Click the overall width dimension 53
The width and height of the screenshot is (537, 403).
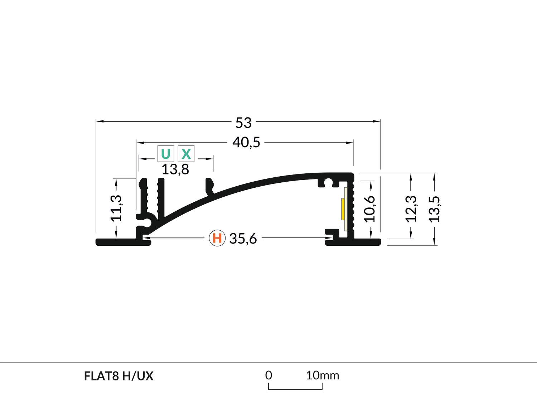point(243,123)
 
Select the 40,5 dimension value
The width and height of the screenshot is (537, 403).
point(246,143)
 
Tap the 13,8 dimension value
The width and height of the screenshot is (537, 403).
point(175,169)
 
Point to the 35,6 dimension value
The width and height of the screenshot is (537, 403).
point(243,239)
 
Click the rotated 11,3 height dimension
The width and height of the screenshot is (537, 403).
point(116,208)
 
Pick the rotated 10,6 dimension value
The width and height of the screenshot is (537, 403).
point(370,209)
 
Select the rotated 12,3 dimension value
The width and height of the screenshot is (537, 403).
point(411,209)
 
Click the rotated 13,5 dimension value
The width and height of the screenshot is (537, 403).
point(435,209)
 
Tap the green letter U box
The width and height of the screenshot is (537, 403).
point(166,154)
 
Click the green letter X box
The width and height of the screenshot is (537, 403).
point(186,154)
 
